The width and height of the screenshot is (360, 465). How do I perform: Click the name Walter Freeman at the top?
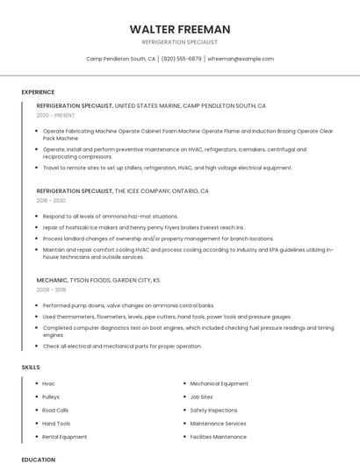click(x=180, y=29)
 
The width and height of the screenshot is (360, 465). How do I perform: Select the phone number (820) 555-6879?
click(x=182, y=59)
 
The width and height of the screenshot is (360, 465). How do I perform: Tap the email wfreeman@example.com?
click(x=241, y=59)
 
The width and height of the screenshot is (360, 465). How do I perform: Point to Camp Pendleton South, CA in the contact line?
click(x=121, y=59)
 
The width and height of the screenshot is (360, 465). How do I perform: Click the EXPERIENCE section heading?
click(x=38, y=92)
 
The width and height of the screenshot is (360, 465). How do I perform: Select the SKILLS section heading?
click(x=31, y=367)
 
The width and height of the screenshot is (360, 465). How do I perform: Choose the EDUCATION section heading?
click(x=38, y=459)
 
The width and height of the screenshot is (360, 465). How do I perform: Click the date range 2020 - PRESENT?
click(x=54, y=115)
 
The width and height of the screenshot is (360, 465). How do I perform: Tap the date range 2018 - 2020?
click(x=51, y=200)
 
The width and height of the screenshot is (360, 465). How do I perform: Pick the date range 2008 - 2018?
click(x=51, y=289)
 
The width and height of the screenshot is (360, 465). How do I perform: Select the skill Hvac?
click(x=48, y=383)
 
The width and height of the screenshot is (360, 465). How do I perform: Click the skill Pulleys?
click(x=51, y=397)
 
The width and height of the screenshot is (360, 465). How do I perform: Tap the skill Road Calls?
click(x=55, y=410)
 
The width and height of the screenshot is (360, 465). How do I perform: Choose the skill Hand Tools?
click(x=56, y=423)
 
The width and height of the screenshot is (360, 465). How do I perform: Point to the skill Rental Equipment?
click(x=65, y=436)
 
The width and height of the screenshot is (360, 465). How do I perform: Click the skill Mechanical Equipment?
click(x=220, y=383)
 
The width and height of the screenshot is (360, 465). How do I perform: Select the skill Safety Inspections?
click(x=213, y=410)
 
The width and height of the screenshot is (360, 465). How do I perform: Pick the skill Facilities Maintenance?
click(x=219, y=436)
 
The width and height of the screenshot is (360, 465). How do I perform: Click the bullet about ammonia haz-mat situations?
click(x=110, y=216)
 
